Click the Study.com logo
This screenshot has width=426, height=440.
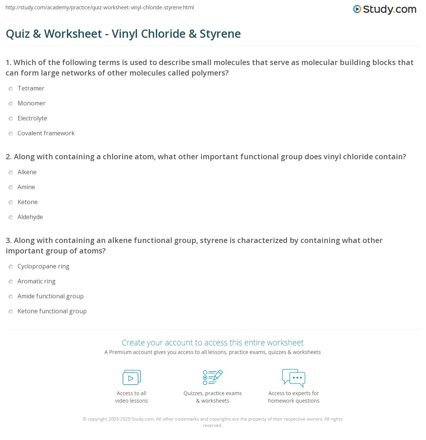click(385, 9)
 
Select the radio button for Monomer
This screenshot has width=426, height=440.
click(11, 104)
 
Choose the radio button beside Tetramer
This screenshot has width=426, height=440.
click(11, 89)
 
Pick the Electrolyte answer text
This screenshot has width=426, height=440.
click(32, 118)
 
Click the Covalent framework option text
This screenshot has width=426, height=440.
click(46, 133)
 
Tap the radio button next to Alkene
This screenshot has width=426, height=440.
click(11, 172)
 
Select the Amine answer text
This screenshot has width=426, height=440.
click(26, 187)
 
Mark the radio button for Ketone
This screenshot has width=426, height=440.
click(11, 202)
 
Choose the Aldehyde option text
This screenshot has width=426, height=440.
click(30, 217)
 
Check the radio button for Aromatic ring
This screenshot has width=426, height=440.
click(11, 281)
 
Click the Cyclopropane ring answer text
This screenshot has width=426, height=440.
click(43, 266)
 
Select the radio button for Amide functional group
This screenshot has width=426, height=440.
click(11, 296)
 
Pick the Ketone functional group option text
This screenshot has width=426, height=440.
click(52, 311)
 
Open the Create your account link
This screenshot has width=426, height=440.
click(212, 342)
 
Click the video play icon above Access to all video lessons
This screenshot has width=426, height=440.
click(132, 378)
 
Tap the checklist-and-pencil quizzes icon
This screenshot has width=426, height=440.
click(213, 377)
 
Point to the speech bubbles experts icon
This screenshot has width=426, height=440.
click(294, 377)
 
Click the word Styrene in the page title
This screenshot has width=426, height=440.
click(220, 34)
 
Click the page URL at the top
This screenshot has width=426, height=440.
click(99, 7)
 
